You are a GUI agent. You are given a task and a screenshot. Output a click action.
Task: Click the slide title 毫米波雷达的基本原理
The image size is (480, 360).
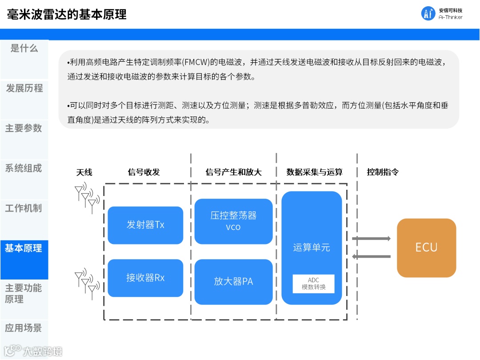67,14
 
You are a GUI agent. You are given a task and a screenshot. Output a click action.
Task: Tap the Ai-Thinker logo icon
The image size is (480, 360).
428,14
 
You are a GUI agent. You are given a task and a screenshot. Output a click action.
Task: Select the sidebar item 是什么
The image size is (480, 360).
24,48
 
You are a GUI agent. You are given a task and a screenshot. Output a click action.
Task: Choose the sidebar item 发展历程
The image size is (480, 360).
24,88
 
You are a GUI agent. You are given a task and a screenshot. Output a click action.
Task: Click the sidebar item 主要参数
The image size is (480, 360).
24,128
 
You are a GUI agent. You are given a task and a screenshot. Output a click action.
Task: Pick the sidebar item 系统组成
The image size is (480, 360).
24,168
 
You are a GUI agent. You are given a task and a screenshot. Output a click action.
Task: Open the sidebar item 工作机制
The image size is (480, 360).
24,208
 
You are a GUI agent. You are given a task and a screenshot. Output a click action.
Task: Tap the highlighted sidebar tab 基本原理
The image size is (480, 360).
24,248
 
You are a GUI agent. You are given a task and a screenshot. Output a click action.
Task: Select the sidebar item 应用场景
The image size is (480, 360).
24,328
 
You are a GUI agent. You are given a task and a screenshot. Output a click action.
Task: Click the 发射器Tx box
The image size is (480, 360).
145,225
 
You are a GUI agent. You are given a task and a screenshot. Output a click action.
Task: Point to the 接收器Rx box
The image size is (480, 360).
145,278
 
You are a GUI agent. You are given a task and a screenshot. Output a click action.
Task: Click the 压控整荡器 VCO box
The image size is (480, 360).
233,221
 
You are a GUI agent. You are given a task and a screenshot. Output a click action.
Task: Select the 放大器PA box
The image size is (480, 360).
233,281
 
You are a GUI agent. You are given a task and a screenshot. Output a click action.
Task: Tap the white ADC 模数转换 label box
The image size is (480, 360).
313,284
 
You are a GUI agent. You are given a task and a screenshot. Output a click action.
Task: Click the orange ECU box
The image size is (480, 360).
426,248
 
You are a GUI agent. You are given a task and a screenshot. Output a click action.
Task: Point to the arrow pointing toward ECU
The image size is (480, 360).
371,239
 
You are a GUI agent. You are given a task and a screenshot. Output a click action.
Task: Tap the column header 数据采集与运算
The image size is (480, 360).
315,172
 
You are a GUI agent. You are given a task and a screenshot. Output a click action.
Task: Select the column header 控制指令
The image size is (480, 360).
383,172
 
